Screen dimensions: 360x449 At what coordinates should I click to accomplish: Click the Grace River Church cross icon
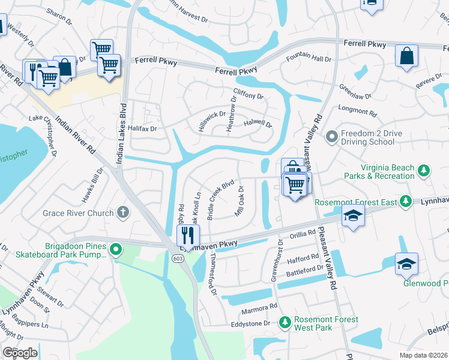123,212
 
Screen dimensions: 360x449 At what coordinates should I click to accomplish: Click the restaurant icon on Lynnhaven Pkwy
188,236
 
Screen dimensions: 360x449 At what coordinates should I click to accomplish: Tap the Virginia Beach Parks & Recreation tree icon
424,171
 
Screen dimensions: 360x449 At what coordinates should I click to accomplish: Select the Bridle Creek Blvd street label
220,197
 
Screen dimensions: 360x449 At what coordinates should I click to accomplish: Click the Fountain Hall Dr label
309,59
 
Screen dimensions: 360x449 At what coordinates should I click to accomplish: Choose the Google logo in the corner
20,352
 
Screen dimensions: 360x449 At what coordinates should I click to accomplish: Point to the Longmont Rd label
357,112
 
